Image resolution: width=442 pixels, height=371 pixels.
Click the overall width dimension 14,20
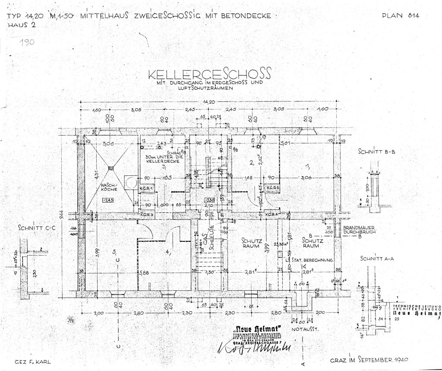click(211, 102)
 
